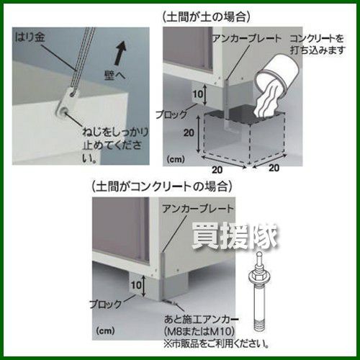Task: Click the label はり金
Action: point(30,37)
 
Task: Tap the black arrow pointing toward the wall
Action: point(120,53)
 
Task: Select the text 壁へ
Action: point(115,75)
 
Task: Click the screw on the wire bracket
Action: point(63,112)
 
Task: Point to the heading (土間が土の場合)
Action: point(207,17)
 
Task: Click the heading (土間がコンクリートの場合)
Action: point(162,186)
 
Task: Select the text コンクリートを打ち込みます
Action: point(318,45)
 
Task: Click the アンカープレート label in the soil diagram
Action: point(247,39)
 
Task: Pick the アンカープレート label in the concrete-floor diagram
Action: point(198,209)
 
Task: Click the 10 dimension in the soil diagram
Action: point(198,94)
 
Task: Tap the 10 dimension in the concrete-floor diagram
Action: point(136,285)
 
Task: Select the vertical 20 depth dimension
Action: point(189,132)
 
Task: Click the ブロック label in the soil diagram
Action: point(171,114)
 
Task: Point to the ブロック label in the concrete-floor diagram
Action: point(106,305)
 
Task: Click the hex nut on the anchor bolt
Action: point(258,276)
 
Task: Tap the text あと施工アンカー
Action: point(201,319)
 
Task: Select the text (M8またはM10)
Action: point(199,331)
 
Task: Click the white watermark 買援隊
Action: point(235,237)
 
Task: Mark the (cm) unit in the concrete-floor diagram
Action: point(105,331)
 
